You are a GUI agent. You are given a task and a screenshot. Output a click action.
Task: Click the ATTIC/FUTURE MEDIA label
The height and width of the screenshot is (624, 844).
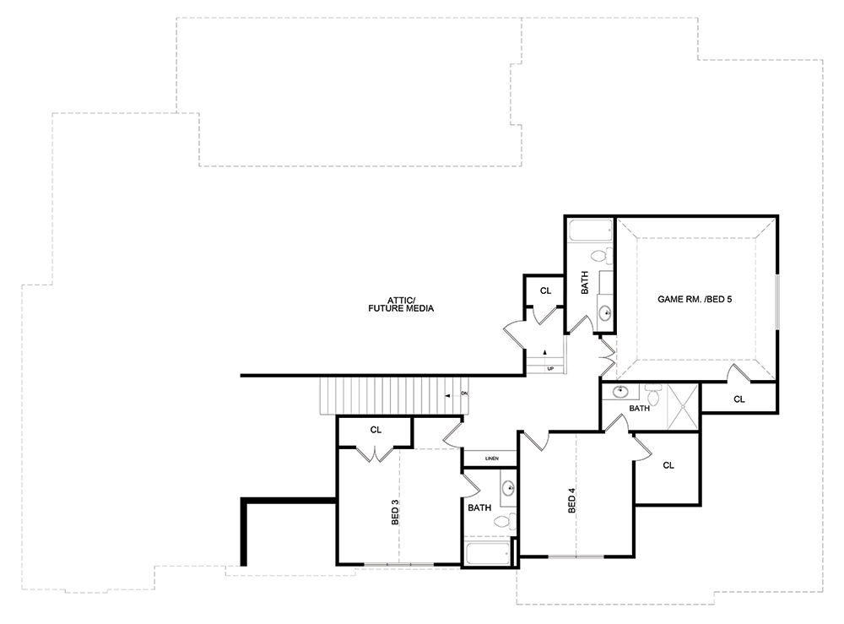[401, 304]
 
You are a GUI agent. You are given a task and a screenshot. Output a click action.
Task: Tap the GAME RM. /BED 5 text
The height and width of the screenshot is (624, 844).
[695, 299]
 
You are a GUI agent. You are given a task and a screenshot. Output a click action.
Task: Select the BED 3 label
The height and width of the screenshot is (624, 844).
[395, 513]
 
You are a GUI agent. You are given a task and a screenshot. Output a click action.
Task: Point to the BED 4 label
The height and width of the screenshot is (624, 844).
[571, 500]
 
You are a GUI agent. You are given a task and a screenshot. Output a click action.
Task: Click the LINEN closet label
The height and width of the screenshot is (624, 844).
[491, 459]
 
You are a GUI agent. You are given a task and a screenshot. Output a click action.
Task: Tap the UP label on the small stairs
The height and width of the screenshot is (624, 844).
[550, 369]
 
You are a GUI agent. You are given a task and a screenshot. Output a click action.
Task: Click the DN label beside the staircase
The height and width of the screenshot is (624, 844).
[464, 393]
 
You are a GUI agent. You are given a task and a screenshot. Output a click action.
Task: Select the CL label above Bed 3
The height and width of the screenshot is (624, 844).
[376, 430]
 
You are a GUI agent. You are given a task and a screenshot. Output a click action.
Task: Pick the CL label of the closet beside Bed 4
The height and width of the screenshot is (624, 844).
[668, 465]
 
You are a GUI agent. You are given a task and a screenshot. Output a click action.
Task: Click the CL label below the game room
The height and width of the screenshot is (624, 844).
[739, 399]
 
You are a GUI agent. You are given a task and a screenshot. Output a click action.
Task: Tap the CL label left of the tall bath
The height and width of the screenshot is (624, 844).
[545, 290]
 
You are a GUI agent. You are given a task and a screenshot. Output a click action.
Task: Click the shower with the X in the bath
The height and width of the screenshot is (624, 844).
[683, 406]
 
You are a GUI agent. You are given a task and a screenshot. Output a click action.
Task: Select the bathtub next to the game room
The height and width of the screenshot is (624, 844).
[591, 230]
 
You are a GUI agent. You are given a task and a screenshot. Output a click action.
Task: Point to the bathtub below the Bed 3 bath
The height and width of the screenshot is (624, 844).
[488, 554]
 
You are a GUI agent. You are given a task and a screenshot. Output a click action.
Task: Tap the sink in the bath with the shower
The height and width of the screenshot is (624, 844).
[620, 391]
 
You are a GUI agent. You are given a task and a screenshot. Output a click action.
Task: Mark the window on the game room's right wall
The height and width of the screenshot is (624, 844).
[776, 301]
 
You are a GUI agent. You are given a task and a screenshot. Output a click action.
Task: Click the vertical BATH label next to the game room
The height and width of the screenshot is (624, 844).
[585, 282]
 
